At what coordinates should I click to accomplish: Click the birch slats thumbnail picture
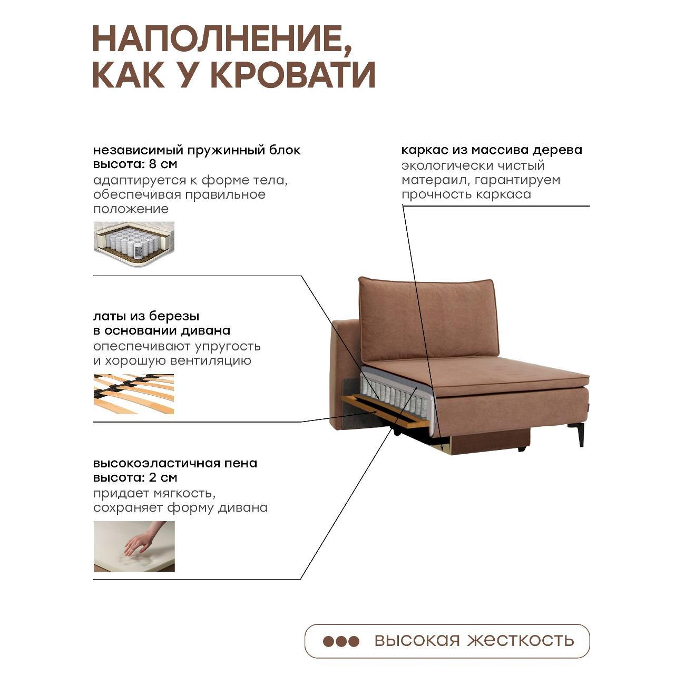click(x=134, y=394)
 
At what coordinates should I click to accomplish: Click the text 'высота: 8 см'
click(x=135, y=164)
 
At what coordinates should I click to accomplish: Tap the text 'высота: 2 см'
click(x=135, y=477)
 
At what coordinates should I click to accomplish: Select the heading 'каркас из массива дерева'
click(x=492, y=150)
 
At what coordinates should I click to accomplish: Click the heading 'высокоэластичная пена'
click(x=175, y=463)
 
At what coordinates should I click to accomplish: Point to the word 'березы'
click(x=174, y=316)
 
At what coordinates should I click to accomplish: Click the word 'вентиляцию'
click(x=211, y=360)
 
